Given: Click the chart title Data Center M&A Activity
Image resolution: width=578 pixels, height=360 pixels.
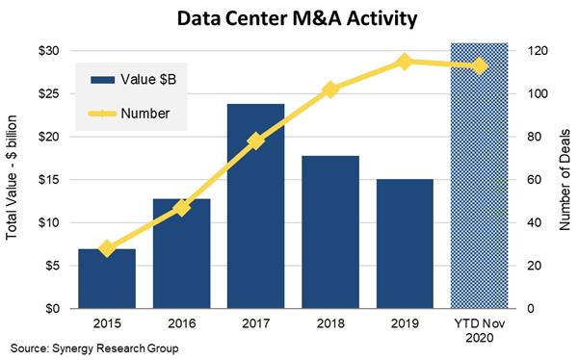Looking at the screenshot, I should click(289, 17).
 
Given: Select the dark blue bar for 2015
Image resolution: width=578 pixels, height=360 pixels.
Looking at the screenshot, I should click(106, 278).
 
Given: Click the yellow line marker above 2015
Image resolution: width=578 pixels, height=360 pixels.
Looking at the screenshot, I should click(106, 248).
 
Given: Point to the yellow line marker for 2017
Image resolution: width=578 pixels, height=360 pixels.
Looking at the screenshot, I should click(255, 141).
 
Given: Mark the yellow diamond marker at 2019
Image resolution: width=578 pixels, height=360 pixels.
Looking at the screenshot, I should click(405, 62).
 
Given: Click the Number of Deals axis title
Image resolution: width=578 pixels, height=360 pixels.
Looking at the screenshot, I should click(561, 179).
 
